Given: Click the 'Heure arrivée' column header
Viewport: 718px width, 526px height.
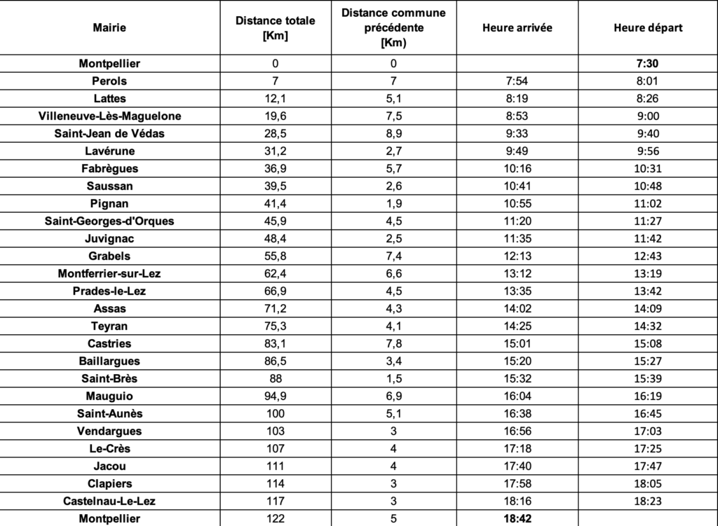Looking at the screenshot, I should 517,28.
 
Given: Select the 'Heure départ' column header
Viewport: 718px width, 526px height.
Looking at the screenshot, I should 647,28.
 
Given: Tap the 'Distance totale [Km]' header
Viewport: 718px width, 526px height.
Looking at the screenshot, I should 275,28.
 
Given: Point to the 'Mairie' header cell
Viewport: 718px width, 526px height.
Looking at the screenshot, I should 109,28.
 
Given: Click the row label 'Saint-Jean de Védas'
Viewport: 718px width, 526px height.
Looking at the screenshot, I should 109,133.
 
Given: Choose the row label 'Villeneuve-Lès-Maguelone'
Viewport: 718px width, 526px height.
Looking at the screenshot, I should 109,116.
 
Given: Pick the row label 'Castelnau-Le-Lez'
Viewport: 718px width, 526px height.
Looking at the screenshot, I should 109,501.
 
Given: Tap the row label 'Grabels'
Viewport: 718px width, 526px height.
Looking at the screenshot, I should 109,256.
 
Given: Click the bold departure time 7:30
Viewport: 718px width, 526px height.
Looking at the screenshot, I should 647,64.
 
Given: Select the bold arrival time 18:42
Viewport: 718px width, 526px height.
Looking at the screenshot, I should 517,519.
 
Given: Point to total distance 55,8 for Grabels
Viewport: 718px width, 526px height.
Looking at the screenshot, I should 275,256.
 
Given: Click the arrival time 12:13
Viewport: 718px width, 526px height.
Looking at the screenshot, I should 517,256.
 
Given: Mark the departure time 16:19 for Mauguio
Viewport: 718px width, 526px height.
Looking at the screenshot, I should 647,396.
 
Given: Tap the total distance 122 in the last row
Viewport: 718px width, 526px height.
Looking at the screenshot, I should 275,519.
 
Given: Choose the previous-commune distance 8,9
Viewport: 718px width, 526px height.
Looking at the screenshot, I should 394,133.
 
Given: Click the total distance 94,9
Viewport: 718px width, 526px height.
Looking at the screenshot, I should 275,396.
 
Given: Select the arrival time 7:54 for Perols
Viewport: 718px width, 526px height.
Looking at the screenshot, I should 517,81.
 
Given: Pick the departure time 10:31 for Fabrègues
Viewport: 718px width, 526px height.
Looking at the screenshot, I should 647,168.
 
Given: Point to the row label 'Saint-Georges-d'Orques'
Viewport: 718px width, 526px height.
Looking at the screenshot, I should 109,221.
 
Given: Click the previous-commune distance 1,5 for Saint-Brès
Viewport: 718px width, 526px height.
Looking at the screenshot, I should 394,378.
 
